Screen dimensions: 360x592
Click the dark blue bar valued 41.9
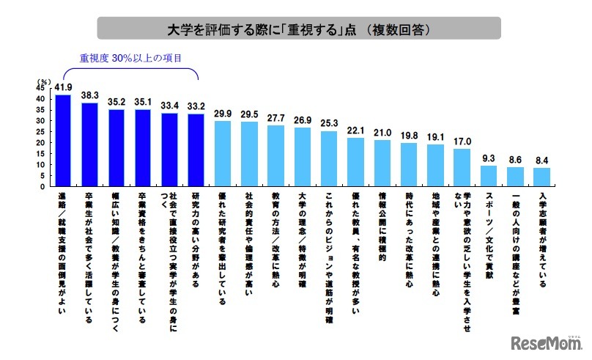[63, 140]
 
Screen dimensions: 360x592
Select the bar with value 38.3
[89, 144]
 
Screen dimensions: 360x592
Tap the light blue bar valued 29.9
[222, 153]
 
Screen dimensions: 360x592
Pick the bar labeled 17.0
[462, 167]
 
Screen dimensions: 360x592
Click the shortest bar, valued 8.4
[541, 177]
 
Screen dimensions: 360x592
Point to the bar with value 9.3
[488, 176]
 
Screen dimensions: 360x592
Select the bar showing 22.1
[355, 162]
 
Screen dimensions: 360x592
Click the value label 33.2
[196, 107]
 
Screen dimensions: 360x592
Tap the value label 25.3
[329, 124]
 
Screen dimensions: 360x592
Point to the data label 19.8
[409, 136]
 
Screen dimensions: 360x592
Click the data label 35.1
[142, 103]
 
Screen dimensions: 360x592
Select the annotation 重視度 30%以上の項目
[130, 57]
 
